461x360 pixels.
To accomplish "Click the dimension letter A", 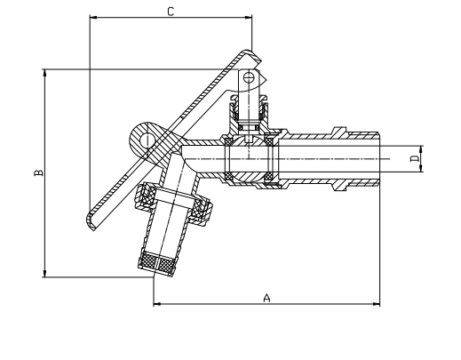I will click(266, 298).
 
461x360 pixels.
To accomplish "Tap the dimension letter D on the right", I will click(414, 159).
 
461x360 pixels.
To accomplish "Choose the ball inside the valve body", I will click(250, 158).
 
